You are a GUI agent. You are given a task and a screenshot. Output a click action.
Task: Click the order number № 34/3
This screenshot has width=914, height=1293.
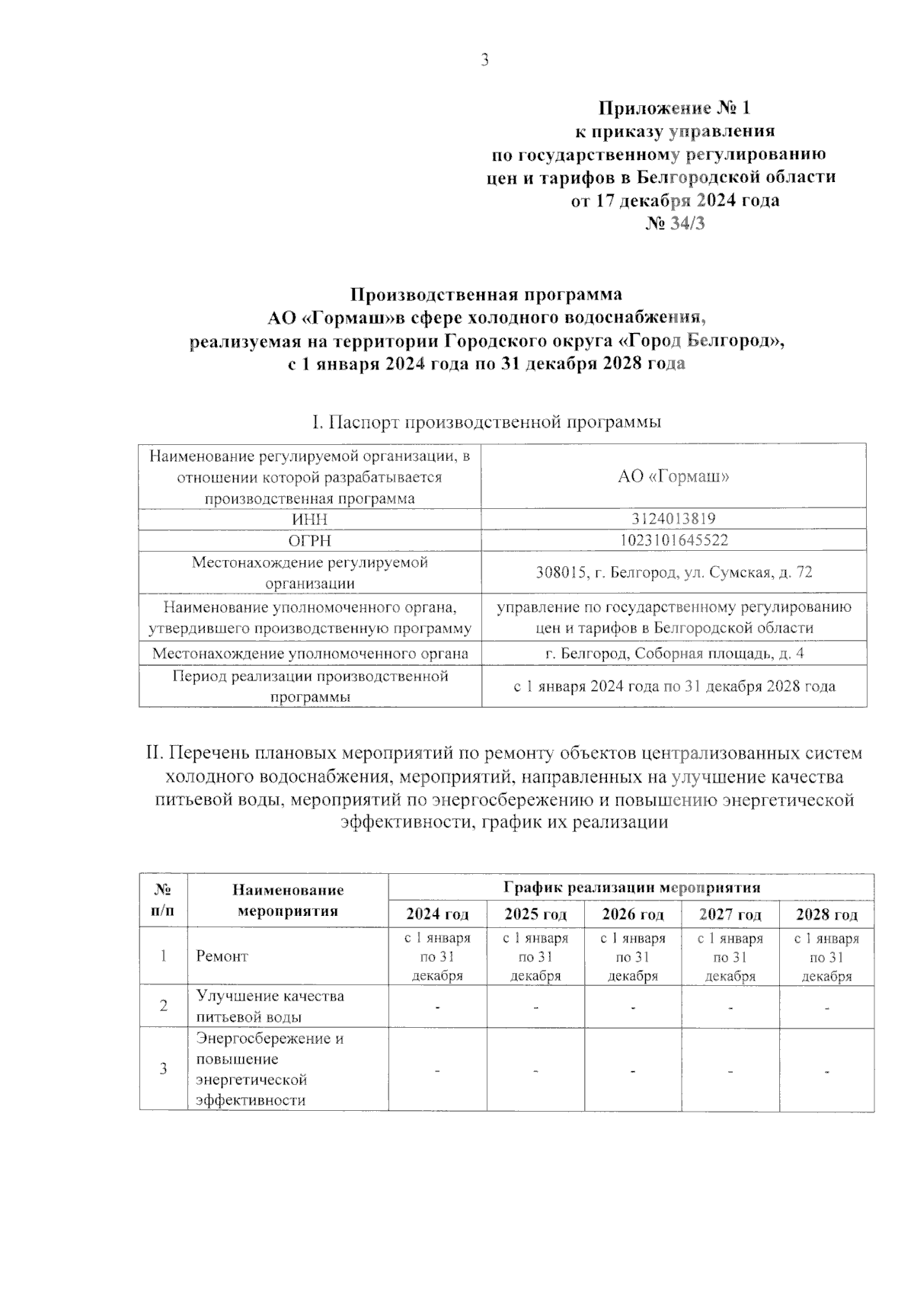[x=675, y=224]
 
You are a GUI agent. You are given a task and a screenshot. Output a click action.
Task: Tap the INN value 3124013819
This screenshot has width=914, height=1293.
[x=673, y=519]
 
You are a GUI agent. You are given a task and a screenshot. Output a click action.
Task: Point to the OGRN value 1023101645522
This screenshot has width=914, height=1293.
[x=673, y=540]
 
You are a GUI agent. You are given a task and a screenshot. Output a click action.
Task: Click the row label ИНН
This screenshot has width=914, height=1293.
[x=310, y=519]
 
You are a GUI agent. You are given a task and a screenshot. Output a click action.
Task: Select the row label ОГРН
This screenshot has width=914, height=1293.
[x=310, y=540]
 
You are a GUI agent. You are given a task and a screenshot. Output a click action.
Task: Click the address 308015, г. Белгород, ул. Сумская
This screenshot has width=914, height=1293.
[x=673, y=572]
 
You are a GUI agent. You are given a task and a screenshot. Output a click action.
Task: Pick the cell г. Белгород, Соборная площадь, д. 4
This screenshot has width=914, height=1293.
[x=673, y=654]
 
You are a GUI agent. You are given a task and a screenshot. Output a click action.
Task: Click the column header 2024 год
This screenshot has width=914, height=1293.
[x=437, y=914]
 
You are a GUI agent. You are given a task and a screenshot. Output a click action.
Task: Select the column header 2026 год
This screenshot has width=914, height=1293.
[x=632, y=914]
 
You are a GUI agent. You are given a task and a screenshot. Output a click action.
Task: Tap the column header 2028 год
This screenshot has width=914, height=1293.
[x=826, y=914]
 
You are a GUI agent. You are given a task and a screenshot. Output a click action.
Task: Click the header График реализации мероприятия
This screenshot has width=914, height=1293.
[x=631, y=888]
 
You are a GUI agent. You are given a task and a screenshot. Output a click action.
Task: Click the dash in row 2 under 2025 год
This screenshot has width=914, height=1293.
[x=536, y=1007]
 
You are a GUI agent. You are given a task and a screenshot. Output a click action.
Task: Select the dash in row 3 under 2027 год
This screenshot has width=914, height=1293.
[x=730, y=1071]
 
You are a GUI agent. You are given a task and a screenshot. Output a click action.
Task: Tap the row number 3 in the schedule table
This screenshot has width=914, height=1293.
[x=163, y=1068]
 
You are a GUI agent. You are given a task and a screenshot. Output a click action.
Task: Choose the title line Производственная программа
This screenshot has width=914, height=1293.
[x=486, y=294]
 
